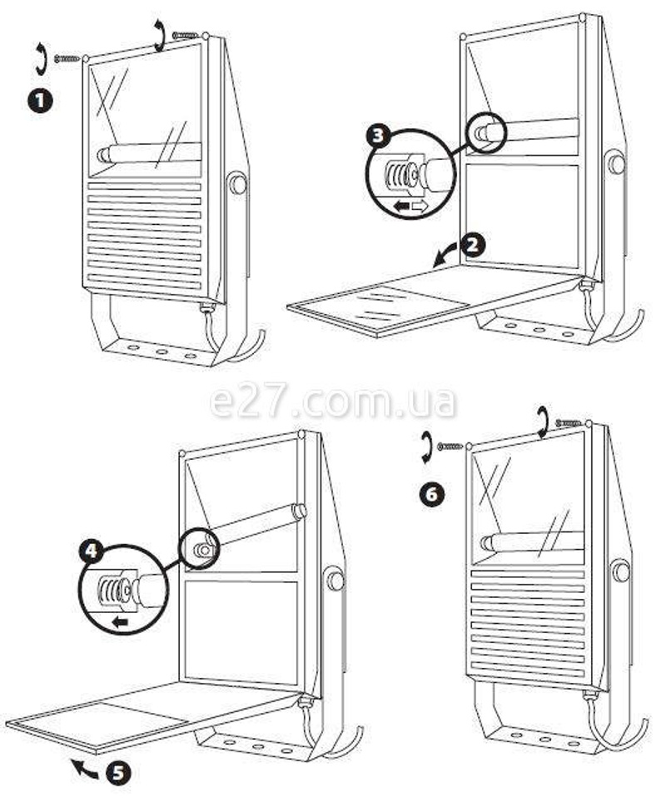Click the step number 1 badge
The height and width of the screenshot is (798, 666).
40,100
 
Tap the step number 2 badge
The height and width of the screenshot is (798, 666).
473,246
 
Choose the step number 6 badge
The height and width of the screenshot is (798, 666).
432,494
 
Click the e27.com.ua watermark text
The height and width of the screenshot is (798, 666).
333,402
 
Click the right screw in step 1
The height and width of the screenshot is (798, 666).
185,35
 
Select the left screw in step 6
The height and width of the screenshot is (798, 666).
450,446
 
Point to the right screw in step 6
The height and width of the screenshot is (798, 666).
569,422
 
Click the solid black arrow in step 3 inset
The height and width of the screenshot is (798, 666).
402,206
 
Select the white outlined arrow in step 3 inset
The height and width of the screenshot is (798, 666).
420,206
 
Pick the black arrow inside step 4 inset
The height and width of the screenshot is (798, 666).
120,621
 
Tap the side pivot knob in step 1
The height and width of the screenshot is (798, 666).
236,183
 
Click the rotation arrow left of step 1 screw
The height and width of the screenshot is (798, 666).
40,59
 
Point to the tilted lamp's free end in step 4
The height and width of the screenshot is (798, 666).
299,511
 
